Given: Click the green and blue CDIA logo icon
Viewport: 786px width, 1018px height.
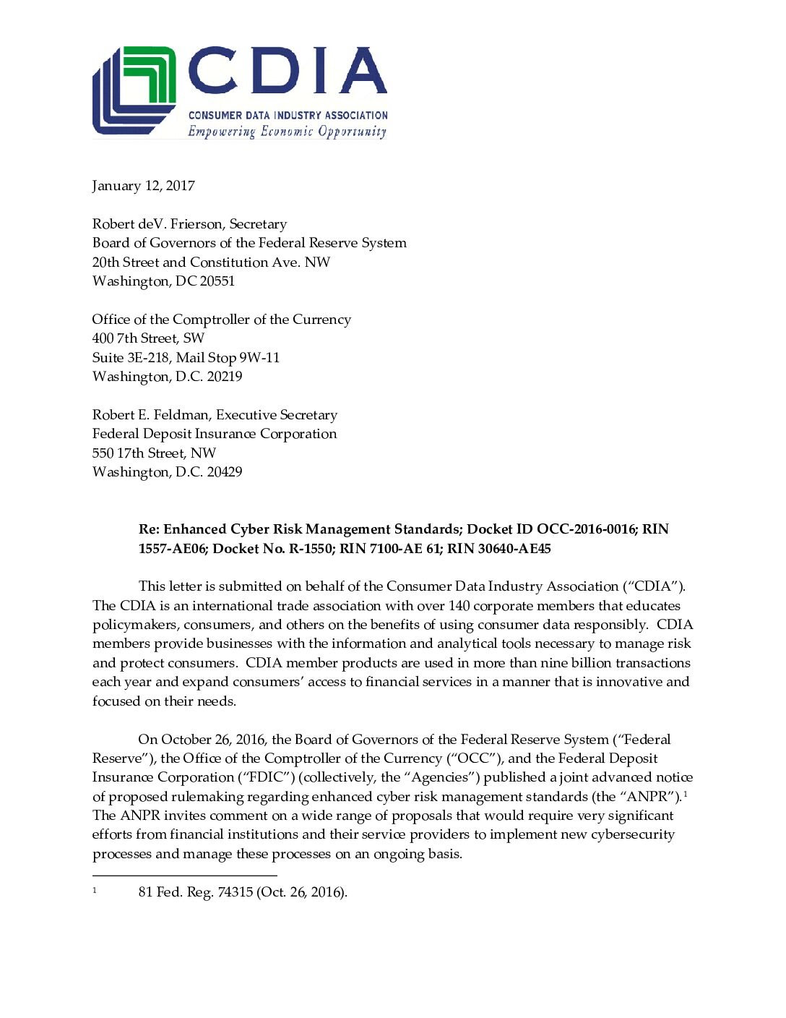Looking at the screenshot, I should tap(134, 90).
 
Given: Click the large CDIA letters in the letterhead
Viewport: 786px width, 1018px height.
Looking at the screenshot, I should tap(287, 71).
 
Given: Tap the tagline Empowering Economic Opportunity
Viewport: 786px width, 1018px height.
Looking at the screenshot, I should tap(287, 132).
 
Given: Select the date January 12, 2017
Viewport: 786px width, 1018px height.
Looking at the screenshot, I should tap(143, 186).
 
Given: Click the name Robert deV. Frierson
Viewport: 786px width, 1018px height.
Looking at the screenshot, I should tap(157, 224).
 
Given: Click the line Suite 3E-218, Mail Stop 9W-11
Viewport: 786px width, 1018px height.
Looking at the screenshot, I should tap(186, 358).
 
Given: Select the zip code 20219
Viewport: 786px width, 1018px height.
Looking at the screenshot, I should tap(224, 377).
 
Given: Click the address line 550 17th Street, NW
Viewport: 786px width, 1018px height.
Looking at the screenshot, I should tap(154, 453).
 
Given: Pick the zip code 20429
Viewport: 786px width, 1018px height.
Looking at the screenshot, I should tap(224, 472).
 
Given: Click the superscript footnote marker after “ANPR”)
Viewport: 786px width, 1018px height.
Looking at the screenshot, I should tap(685, 794).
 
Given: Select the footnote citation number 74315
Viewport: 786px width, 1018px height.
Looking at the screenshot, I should tap(235, 892).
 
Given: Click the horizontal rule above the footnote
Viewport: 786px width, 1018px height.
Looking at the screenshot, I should tap(184, 876).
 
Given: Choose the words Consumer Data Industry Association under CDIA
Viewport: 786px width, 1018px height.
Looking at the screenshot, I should tap(288, 115).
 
